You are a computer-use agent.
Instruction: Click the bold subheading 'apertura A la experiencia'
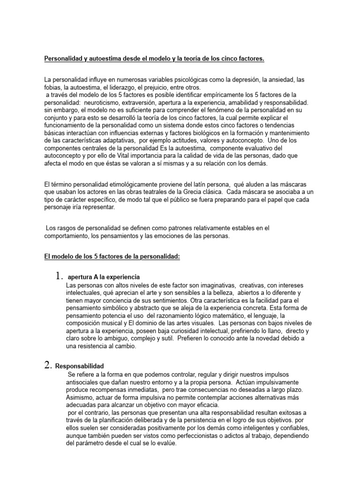[x=104, y=277]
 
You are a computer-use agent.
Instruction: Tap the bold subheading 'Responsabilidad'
[x=80, y=366]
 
